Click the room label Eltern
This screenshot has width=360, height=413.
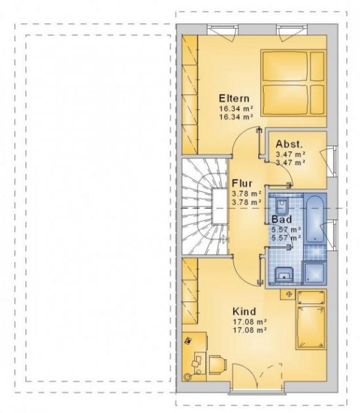(233, 97)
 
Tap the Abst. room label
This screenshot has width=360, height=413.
(289, 144)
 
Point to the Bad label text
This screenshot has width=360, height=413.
(282, 218)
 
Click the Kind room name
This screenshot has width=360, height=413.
(245, 310)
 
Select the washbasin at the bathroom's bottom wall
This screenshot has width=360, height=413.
(283, 275)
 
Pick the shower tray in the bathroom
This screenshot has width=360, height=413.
(315, 272)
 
